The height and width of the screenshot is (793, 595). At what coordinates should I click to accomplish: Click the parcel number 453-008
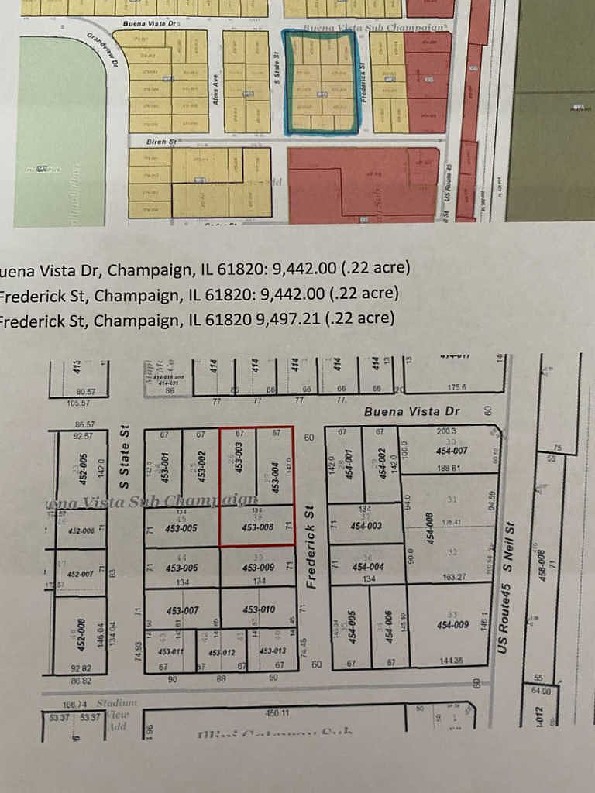(258, 527)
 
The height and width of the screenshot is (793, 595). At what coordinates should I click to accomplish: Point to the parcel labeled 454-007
(452, 451)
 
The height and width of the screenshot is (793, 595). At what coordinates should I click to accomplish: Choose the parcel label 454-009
(452, 624)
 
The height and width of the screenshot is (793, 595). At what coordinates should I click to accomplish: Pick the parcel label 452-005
(83, 469)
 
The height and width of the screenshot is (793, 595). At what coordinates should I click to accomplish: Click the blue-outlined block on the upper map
(322, 82)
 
